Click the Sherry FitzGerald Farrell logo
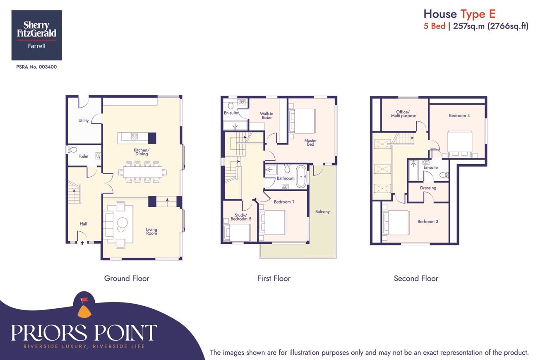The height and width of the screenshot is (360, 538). [37, 35]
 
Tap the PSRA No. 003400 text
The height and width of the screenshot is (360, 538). [36, 67]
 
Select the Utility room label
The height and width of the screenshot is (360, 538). [84, 120]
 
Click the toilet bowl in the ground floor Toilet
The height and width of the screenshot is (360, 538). [72, 150]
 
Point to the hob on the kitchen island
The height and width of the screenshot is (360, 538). [134, 137]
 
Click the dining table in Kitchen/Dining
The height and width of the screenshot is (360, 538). [143, 172]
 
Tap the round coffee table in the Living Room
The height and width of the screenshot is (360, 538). [122, 223]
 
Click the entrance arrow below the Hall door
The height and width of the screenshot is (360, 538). [82, 243]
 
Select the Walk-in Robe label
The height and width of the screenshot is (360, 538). [267, 115]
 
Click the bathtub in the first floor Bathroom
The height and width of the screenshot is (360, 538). [301, 177]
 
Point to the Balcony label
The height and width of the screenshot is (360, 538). [322, 211]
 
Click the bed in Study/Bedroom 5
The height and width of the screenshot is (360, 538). [237, 233]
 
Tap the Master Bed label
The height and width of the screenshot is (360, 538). [310, 142]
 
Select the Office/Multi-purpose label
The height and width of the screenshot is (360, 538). [403, 114]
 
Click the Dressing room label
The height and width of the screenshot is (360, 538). [428, 188]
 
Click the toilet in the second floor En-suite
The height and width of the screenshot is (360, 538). [444, 175]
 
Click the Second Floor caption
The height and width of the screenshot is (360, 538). [416, 278]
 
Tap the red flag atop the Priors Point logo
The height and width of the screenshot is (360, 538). [84, 300]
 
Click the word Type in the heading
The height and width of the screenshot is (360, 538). [473, 14]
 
